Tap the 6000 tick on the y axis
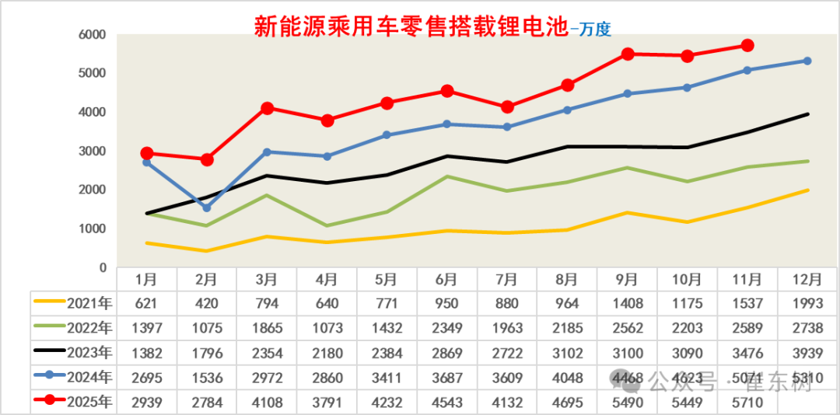tap(91, 35)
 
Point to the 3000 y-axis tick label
tap(91, 152)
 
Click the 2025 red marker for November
tap(747, 46)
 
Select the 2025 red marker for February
tap(207, 159)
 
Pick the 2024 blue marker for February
tap(207, 207)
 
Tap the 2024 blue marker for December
tap(807, 61)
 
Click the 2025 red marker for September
tap(628, 54)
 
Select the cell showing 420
tap(207, 303)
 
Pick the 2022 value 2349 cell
tap(447, 328)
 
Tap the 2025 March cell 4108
tap(267, 403)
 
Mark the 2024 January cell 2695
tap(147, 378)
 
